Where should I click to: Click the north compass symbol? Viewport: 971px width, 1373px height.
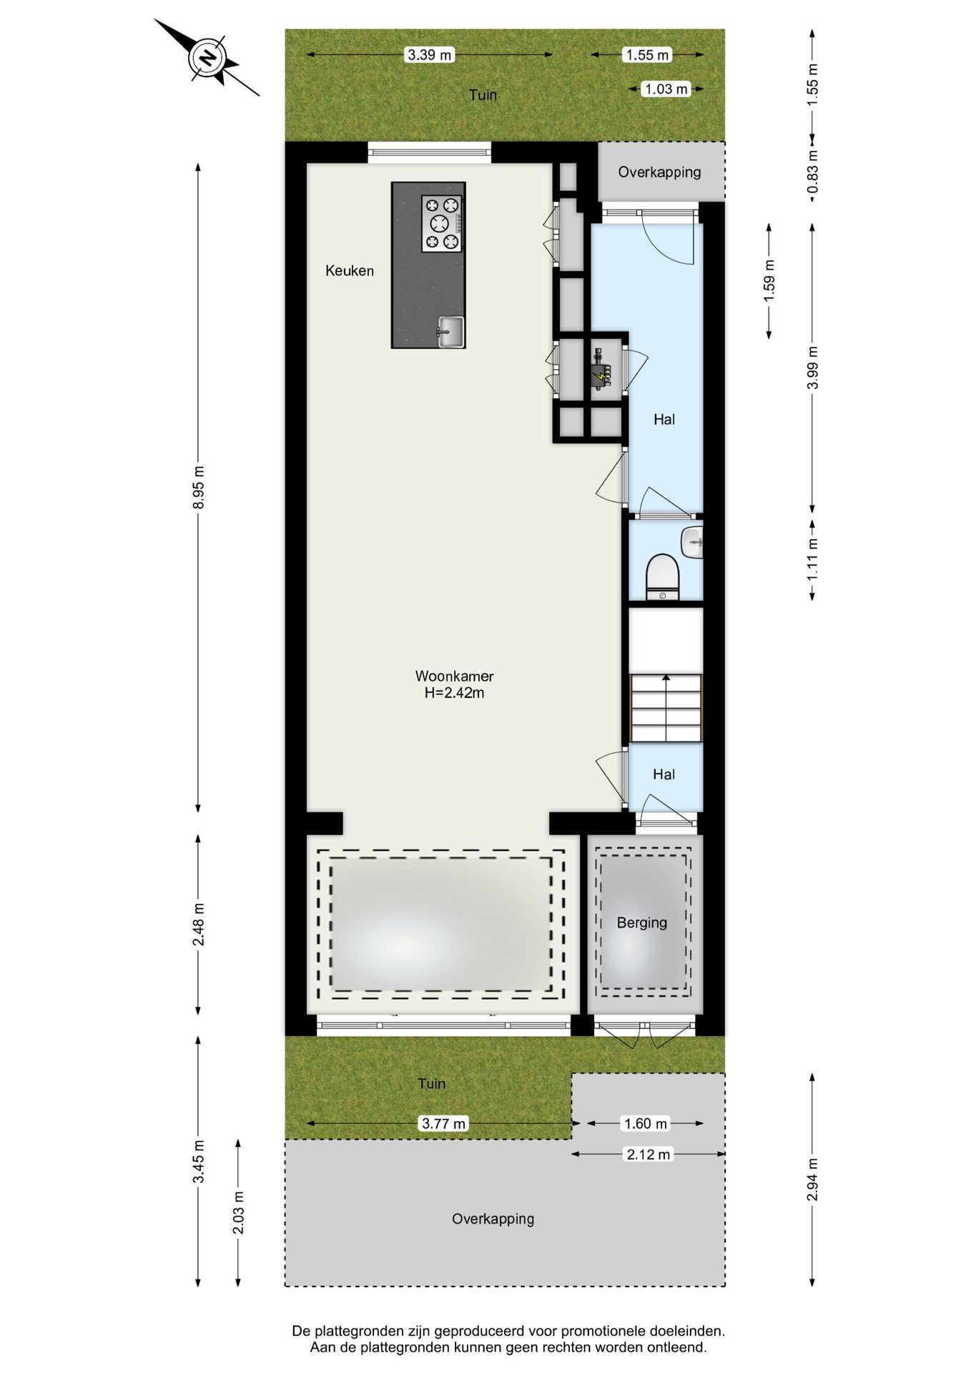click(207, 58)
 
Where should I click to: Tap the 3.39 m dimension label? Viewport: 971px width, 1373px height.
click(429, 54)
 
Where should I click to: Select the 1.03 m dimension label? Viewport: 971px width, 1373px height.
click(666, 89)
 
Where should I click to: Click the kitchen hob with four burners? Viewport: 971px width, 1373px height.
click(441, 224)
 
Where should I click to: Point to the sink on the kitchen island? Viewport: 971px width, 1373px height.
click(450, 332)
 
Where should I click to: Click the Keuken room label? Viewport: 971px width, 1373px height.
click(349, 270)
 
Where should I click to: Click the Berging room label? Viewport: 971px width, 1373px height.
click(641, 922)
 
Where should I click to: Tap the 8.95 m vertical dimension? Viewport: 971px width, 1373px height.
click(199, 487)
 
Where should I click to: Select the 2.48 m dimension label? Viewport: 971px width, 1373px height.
click(199, 924)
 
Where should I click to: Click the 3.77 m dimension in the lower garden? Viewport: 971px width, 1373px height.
click(443, 1123)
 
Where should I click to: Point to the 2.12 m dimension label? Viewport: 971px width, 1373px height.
click(649, 1154)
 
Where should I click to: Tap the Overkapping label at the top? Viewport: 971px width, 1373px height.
click(659, 172)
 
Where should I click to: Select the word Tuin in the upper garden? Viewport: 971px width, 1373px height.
click(483, 94)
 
